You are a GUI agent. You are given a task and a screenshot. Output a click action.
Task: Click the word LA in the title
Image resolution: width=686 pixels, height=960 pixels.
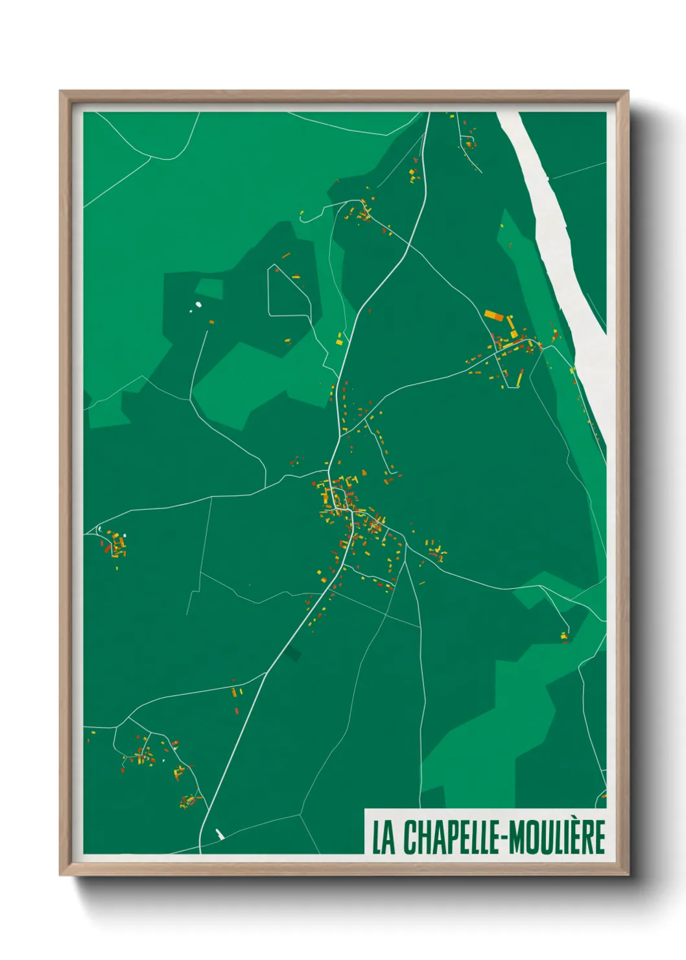coord(383,837)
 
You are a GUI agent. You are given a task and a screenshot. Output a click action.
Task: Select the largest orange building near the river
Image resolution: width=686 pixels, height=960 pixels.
coord(494,315)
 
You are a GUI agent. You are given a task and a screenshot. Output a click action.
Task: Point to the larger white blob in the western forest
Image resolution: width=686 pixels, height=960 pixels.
coord(198,304)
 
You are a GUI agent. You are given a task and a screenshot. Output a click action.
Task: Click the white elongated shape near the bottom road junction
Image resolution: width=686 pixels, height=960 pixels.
coord(220,834)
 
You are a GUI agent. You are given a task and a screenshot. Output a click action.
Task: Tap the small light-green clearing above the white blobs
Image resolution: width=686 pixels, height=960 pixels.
coord(209,288)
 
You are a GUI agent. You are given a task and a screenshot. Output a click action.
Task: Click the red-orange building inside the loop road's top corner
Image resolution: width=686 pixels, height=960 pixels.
coord(277,268)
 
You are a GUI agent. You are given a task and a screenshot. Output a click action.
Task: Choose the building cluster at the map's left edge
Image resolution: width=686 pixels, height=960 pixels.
coord(116,545)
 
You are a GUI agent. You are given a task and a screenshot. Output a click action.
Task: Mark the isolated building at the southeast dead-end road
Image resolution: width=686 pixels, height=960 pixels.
coord(565,637)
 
